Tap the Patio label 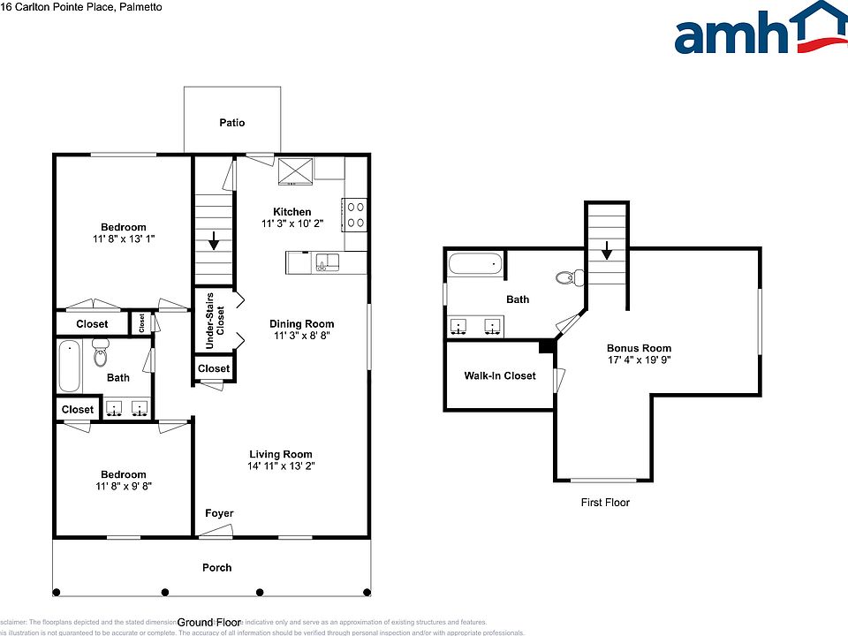pyautogui.click(x=232, y=123)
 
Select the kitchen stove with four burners pyautogui.click(x=355, y=214)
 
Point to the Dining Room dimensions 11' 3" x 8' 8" pyautogui.click(x=301, y=336)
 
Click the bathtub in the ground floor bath pyautogui.click(x=70, y=367)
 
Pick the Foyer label pyautogui.click(x=219, y=514)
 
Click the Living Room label pyautogui.click(x=281, y=454)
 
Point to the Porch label pyautogui.click(x=216, y=567)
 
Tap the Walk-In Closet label pyautogui.click(x=500, y=375)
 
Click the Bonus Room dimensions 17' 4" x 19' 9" pyautogui.click(x=639, y=360)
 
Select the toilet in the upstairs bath pyautogui.click(x=567, y=278)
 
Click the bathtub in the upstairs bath pyautogui.click(x=475, y=263)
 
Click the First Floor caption pyautogui.click(x=605, y=503)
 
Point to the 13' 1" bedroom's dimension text pyautogui.click(x=124, y=239)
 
